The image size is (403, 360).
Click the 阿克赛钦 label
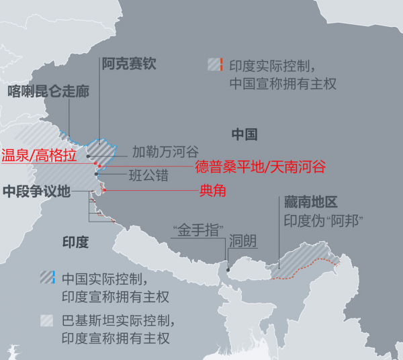coord(128,64)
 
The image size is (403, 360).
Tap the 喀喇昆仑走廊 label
coord(48,91)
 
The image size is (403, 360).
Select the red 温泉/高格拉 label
coord(38,156)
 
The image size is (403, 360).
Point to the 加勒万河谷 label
coord(165,151)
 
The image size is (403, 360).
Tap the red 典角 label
coord(213,191)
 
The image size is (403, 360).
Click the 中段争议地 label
coord(36,191)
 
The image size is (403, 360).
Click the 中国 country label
coord(244,134)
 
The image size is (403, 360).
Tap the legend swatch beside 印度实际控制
coord(214,65)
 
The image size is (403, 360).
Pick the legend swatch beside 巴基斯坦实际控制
coord(47,320)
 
